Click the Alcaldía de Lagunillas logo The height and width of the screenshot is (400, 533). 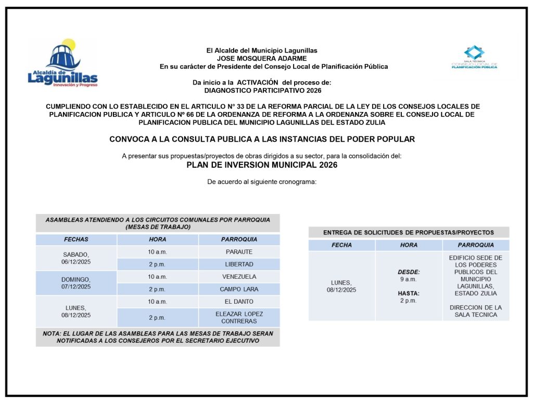tap(62, 64)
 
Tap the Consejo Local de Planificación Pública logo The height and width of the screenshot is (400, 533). tap(474, 57)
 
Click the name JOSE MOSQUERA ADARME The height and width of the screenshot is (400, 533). tap(261, 58)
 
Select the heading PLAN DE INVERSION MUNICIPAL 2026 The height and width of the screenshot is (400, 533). tap(262, 165)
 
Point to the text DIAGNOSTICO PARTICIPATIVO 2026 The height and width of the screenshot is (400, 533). tap(262, 90)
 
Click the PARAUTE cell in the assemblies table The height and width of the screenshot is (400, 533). tap(239, 252)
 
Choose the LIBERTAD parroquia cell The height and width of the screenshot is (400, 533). tap(239, 264)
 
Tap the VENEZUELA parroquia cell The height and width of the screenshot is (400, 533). tap(239, 277)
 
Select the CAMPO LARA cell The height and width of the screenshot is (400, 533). tap(239, 289)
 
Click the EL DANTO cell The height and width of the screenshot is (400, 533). tap(239, 302)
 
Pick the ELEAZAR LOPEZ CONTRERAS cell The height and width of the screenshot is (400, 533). tap(239, 317)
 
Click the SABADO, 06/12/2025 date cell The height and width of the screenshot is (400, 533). tap(76, 258)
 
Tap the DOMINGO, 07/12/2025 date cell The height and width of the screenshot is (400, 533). tap(76, 283)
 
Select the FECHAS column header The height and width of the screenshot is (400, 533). tap(76, 240)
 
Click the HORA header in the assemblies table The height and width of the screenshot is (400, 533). tap(157, 240)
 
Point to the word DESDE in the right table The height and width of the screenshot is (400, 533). tap(409, 272)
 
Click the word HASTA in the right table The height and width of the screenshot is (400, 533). tap(409, 293)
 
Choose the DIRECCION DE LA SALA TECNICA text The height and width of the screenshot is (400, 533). tap(476, 311)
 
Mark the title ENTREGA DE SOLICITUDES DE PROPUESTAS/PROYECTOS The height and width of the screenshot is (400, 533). tap(409, 232)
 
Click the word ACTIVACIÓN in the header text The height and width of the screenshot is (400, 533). tap(258, 82)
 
